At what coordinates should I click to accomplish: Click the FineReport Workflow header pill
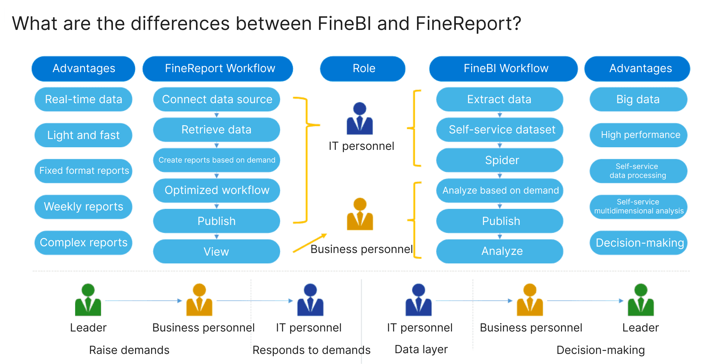218,68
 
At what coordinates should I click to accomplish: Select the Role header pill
363,68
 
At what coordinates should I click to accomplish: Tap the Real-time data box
83,99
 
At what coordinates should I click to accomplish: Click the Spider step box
500,160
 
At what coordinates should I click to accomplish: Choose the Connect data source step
217,99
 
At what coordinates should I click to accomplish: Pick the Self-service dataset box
500,130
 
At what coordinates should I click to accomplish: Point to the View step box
217,252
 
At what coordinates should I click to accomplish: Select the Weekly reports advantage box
83,207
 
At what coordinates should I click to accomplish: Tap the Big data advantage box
638,99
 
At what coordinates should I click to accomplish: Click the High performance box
638,135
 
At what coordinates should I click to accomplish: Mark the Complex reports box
83,243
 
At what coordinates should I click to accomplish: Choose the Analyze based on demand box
500,190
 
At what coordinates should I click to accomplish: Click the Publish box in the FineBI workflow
500,221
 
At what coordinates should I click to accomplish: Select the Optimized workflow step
217,190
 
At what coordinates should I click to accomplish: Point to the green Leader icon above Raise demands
88,300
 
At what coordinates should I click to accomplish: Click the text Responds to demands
311,350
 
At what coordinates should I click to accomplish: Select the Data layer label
421,349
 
